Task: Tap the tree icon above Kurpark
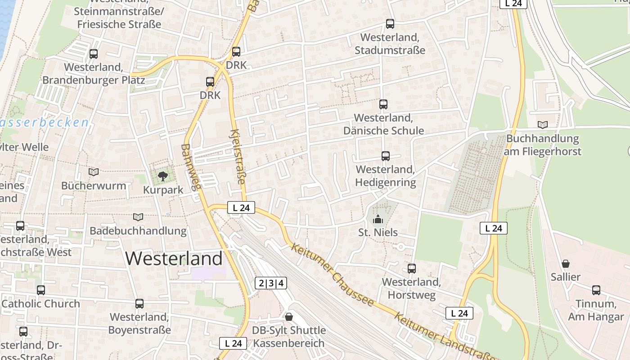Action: click(x=162, y=176)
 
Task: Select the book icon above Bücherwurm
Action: click(x=94, y=172)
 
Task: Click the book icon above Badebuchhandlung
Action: click(x=138, y=217)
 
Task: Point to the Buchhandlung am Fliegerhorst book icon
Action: click(x=543, y=125)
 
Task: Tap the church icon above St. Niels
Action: click(x=378, y=219)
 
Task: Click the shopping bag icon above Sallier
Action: click(x=565, y=263)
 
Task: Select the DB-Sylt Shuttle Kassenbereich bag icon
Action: click(x=288, y=317)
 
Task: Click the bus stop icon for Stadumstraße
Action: click(x=390, y=24)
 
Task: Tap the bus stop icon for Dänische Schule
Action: click(x=383, y=104)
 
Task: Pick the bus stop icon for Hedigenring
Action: click(x=385, y=156)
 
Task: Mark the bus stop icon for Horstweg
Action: click(x=411, y=269)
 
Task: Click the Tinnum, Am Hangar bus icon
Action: click(x=596, y=290)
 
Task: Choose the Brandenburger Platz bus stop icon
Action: click(x=94, y=54)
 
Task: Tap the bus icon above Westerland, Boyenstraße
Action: click(x=139, y=304)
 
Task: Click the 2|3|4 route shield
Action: click(x=271, y=283)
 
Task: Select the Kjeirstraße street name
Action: click(x=238, y=157)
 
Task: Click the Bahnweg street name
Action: click(x=189, y=167)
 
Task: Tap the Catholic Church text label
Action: click(x=40, y=304)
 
